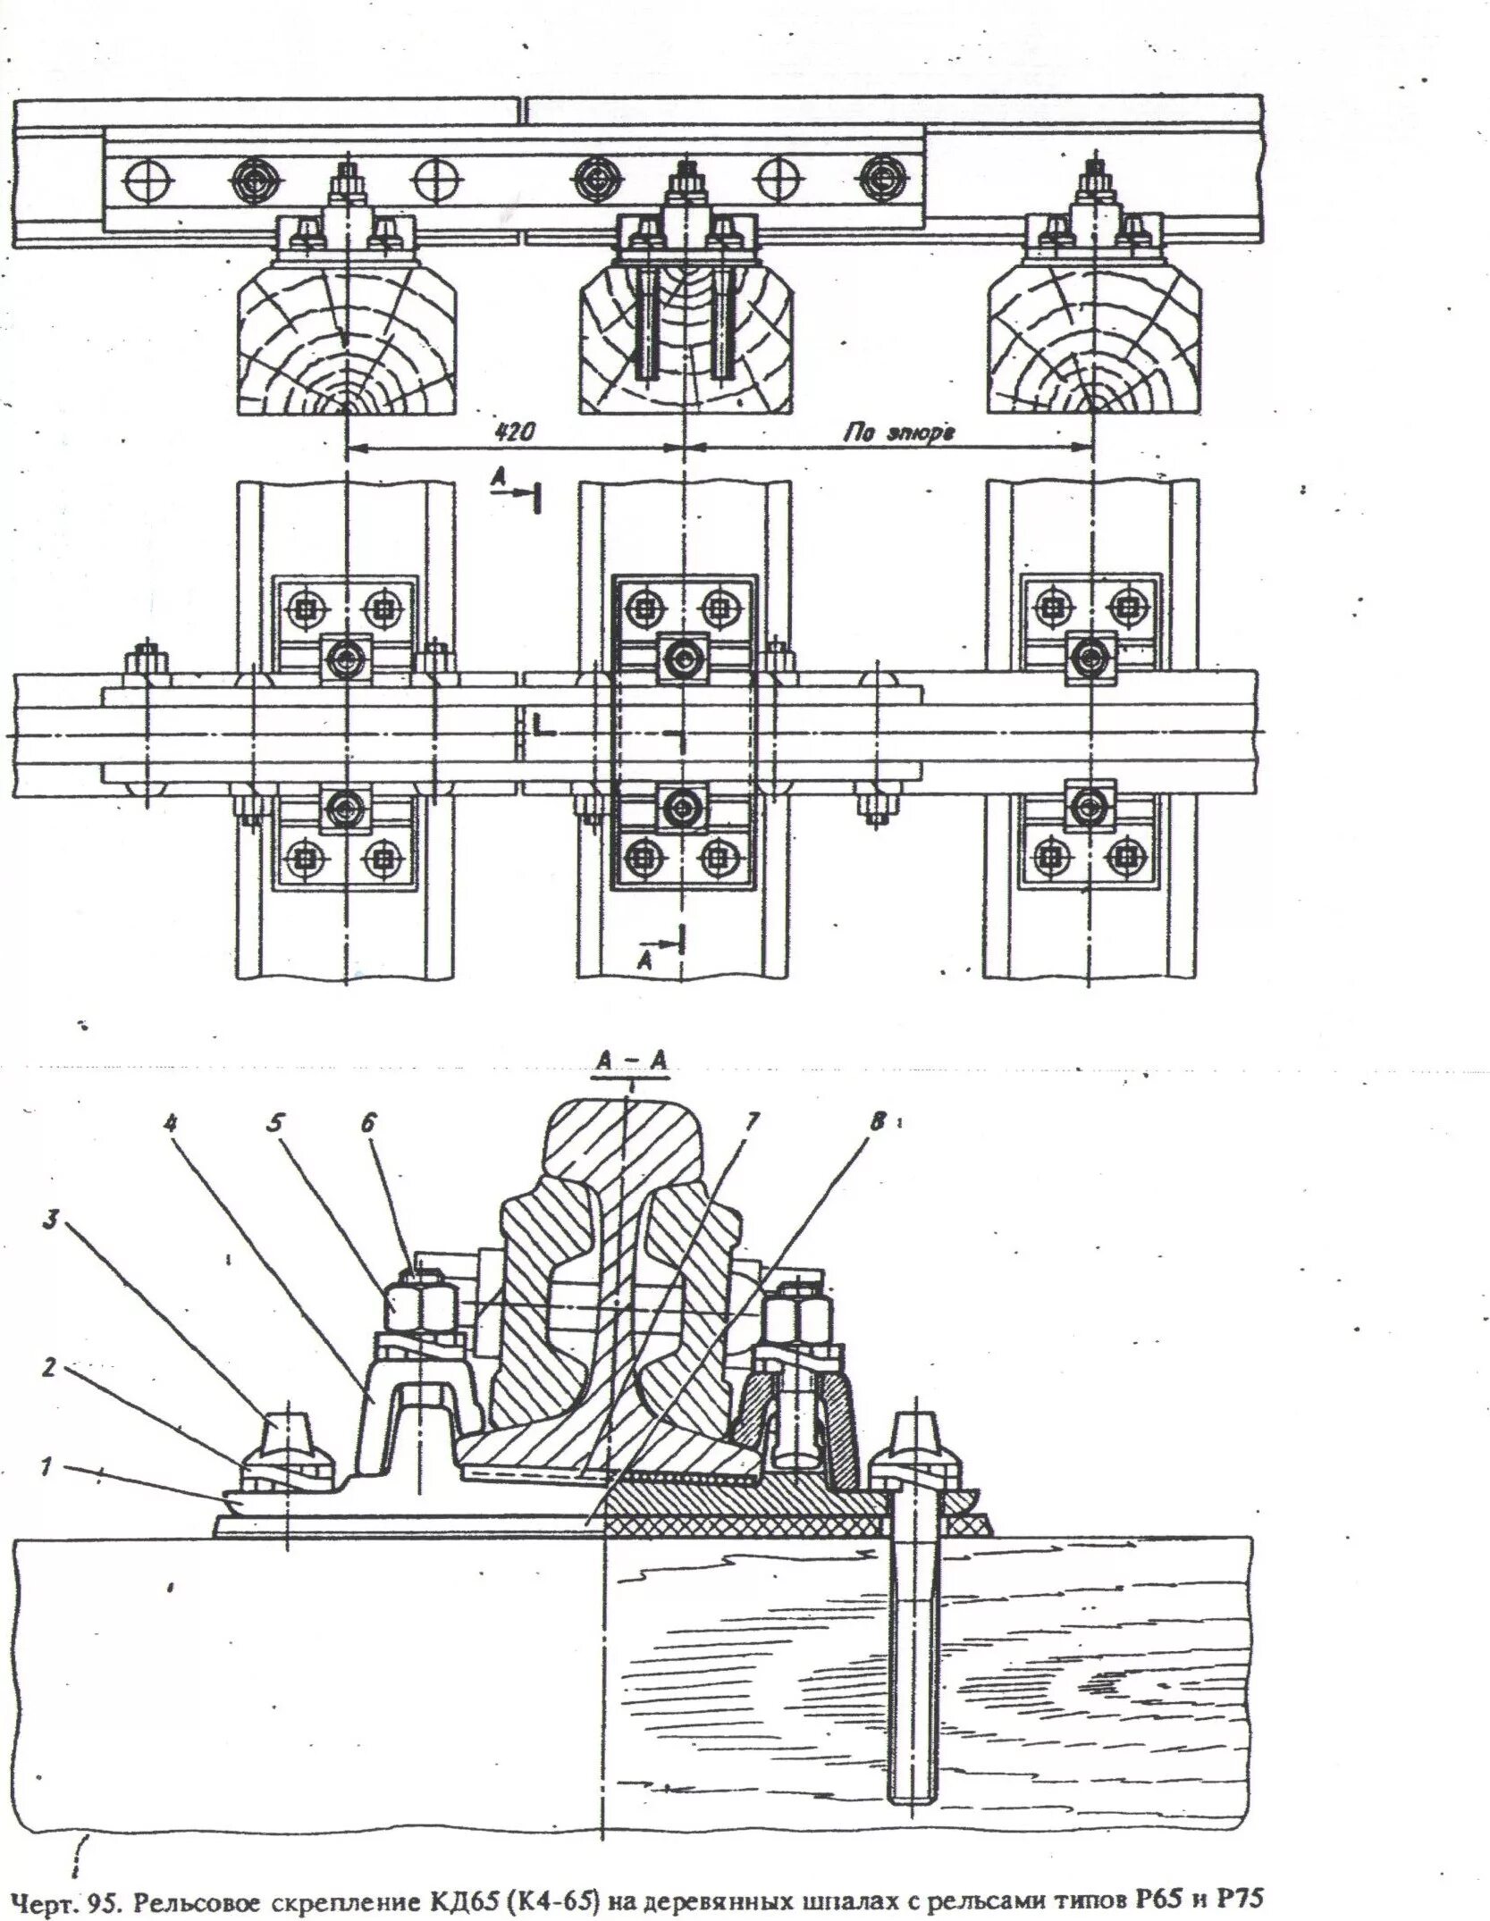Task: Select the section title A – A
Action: tap(633, 1061)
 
